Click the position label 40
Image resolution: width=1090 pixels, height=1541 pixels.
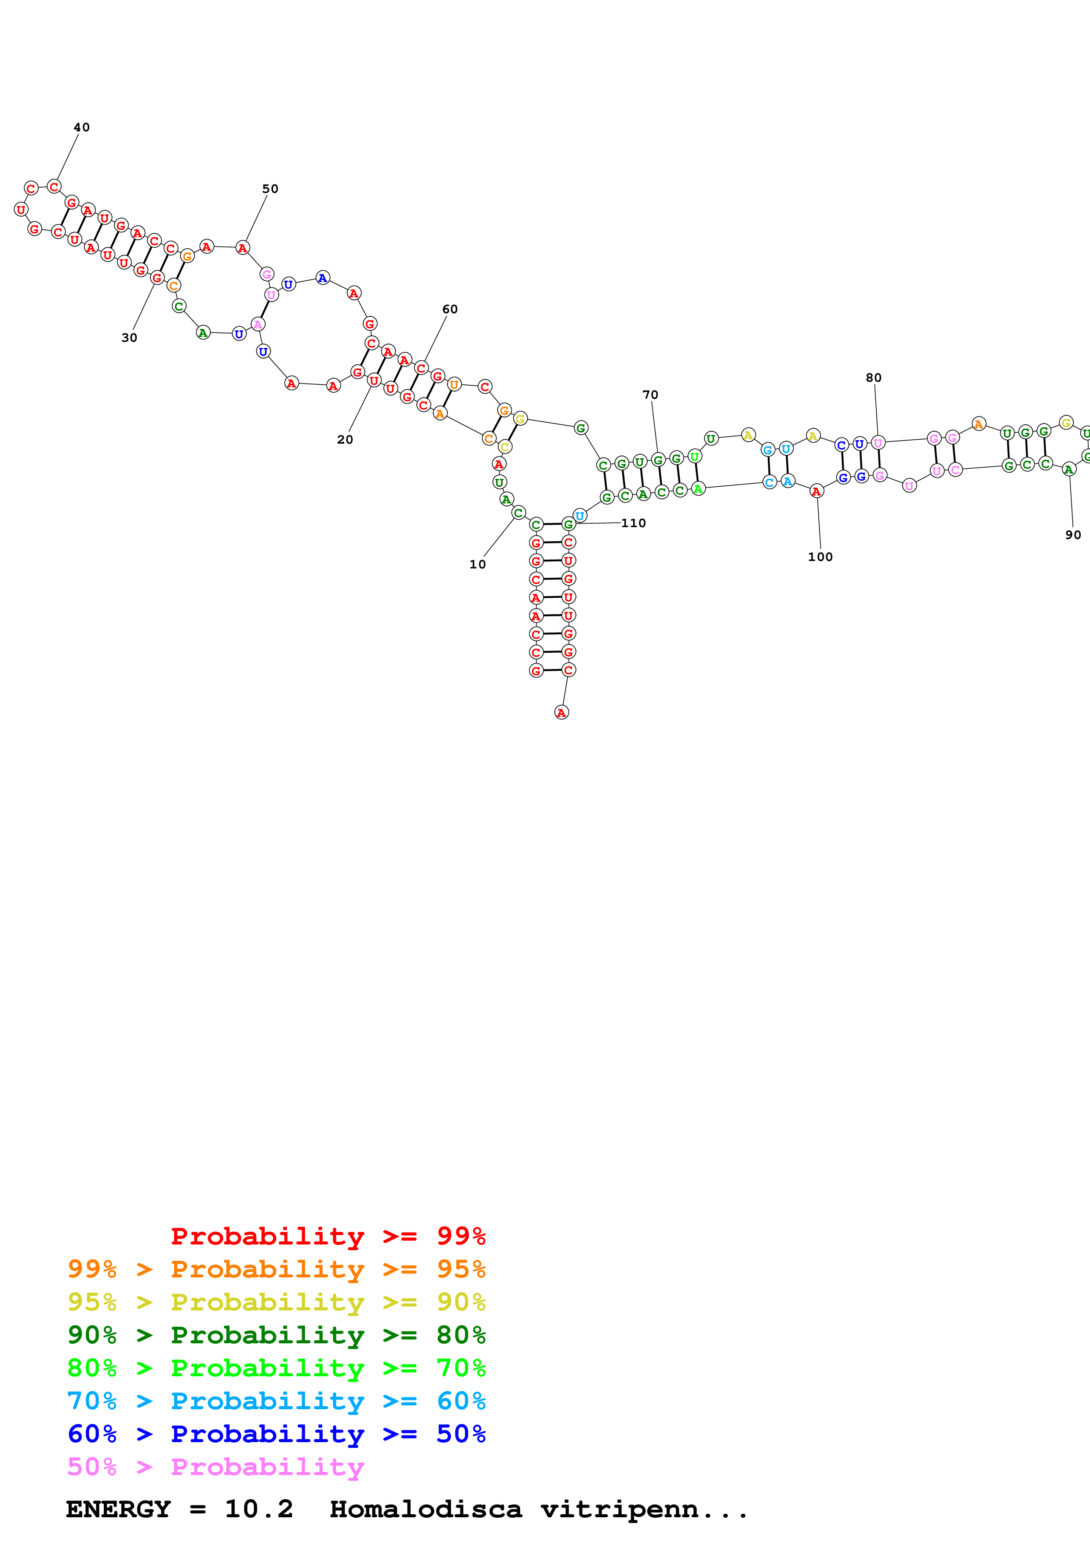(81, 127)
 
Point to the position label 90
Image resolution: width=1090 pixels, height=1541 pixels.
(1072, 535)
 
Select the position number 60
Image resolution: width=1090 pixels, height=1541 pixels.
(449, 309)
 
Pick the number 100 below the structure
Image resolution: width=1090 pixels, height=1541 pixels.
(820, 557)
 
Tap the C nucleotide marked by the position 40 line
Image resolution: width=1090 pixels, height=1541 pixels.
(55, 187)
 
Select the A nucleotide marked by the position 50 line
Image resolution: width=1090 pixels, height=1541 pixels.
(242, 248)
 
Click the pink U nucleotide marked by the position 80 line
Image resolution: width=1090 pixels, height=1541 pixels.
(878, 443)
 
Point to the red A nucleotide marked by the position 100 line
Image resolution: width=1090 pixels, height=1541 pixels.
(816, 491)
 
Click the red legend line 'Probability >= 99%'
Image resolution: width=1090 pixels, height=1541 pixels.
(328, 1236)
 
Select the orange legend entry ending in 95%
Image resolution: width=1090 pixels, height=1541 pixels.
(276, 1269)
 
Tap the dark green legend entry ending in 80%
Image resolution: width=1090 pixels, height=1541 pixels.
(276, 1335)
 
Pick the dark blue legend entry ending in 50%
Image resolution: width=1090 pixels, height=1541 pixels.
(276, 1434)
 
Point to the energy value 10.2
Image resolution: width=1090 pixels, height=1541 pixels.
(259, 1509)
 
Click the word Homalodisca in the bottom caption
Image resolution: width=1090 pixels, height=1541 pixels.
(425, 1509)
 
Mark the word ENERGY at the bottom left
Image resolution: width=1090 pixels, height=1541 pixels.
(118, 1509)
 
